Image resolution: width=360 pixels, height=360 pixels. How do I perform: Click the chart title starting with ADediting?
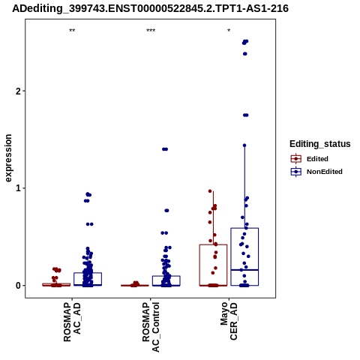(150, 8)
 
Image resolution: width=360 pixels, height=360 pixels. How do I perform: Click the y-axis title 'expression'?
(8, 158)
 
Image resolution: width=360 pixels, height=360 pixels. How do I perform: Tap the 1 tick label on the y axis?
(18, 188)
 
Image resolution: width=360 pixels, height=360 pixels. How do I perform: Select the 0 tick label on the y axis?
(18, 285)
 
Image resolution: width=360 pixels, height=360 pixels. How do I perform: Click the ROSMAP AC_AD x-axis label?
(72, 322)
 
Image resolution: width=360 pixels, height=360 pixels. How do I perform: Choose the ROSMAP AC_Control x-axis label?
(151, 327)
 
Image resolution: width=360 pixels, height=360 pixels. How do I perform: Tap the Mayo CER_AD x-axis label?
(229, 321)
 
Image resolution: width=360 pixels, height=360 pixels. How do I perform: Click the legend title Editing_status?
(320, 144)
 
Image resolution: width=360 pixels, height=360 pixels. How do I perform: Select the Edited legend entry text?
(317, 159)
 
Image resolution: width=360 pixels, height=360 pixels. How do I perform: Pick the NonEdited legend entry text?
(325, 172)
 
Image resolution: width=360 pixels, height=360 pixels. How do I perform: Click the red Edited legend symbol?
(296, 159)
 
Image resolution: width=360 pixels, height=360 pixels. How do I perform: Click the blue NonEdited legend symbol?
(296, 172)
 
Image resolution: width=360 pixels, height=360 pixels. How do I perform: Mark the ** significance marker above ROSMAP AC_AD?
(72, 31)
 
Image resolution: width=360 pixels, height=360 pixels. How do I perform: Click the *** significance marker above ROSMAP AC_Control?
(151, 31)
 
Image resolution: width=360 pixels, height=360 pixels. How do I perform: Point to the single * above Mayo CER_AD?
(229, 31)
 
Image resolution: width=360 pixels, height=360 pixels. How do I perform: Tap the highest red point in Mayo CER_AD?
(210, 191)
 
